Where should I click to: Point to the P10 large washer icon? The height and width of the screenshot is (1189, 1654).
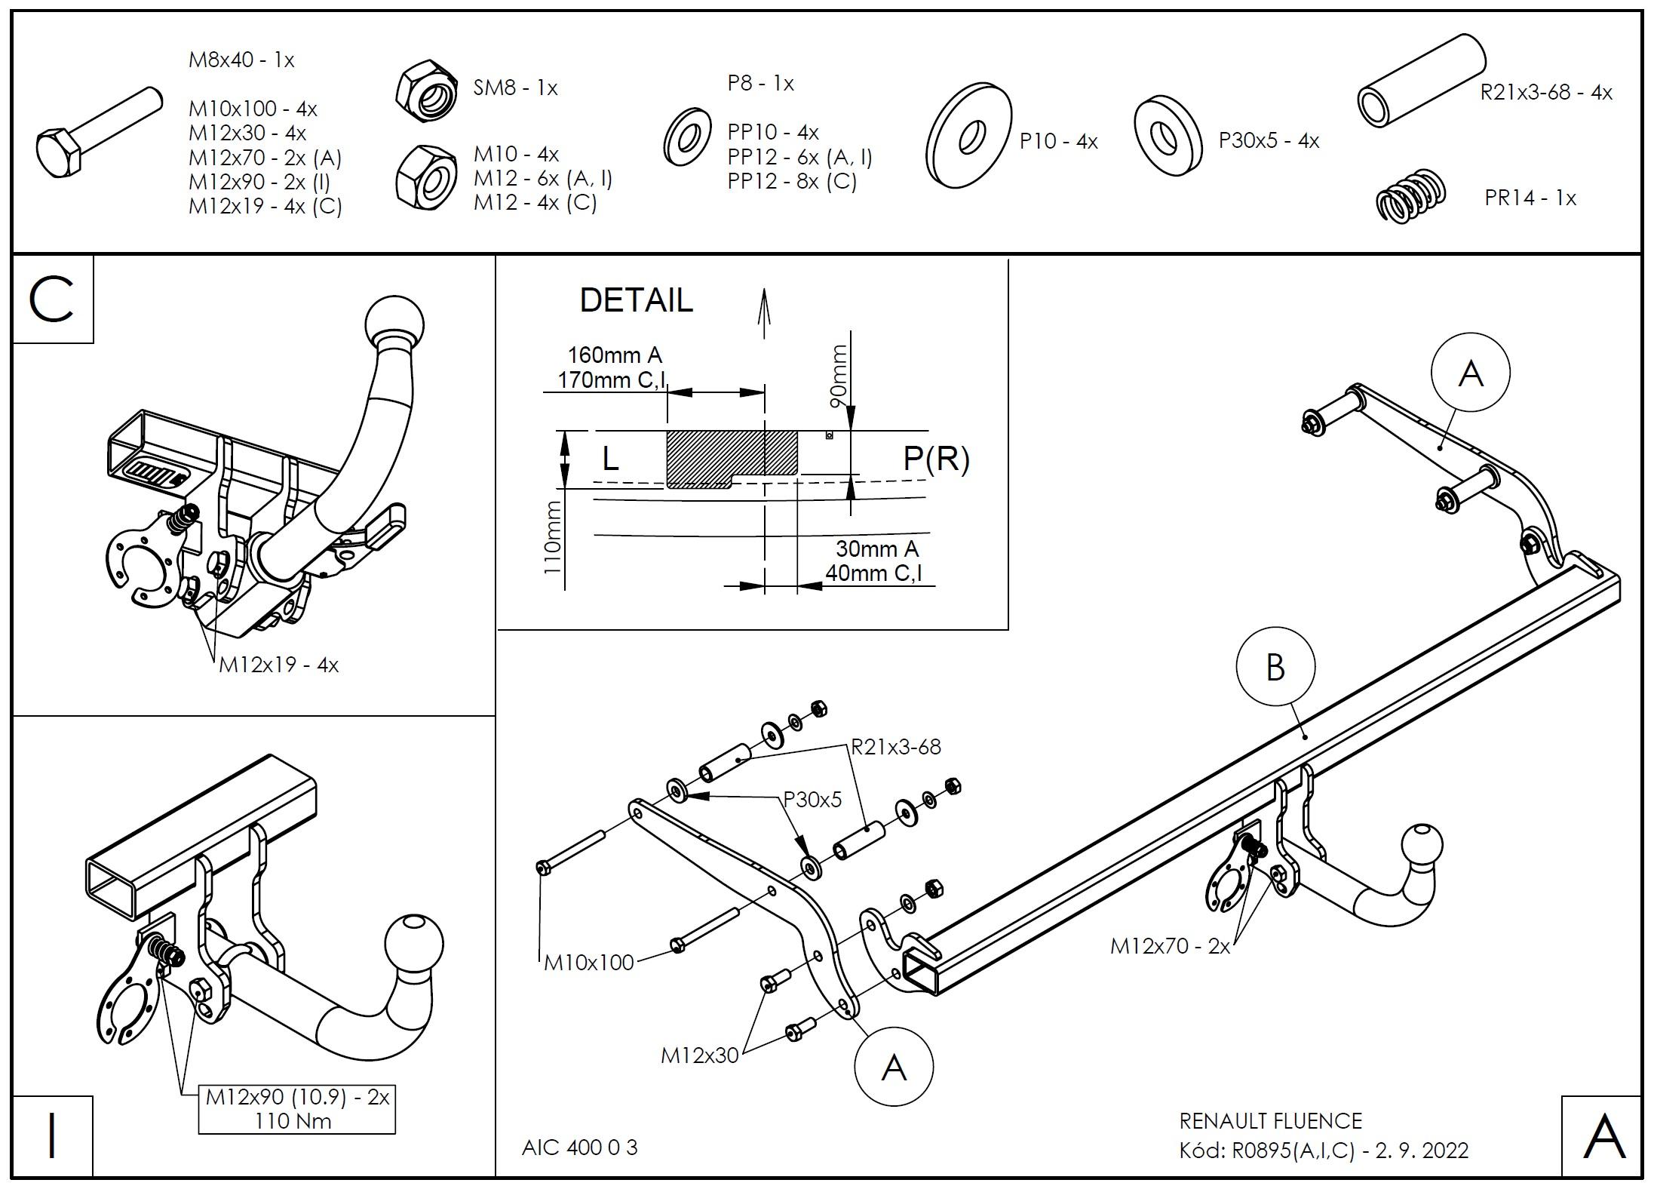tap(969, 137)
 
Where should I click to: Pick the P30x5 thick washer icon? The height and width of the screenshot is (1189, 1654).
tap(1168, 137)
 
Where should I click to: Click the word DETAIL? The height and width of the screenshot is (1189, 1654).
tap(636, 300)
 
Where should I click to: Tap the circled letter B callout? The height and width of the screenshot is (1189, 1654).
tap(1275, 668)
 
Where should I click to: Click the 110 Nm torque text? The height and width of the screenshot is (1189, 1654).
tap(293, 1121)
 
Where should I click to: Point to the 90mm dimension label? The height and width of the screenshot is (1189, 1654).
tap(839, 376)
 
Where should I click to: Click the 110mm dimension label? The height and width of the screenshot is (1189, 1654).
tap(553, 537)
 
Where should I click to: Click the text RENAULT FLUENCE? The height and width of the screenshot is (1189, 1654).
tap(1270, 1121)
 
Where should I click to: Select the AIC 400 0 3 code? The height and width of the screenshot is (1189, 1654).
tap(579, 1148)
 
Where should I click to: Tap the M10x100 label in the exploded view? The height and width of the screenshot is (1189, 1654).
tap(588, 963)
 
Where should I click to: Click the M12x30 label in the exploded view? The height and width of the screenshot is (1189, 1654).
tap(699, 1055)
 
